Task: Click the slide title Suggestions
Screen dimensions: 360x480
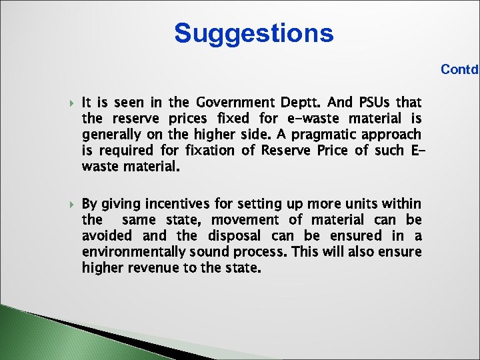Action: (254, 33)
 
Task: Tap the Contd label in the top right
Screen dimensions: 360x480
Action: (459, 69)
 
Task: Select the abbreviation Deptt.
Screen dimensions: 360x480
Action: (299, 103)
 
